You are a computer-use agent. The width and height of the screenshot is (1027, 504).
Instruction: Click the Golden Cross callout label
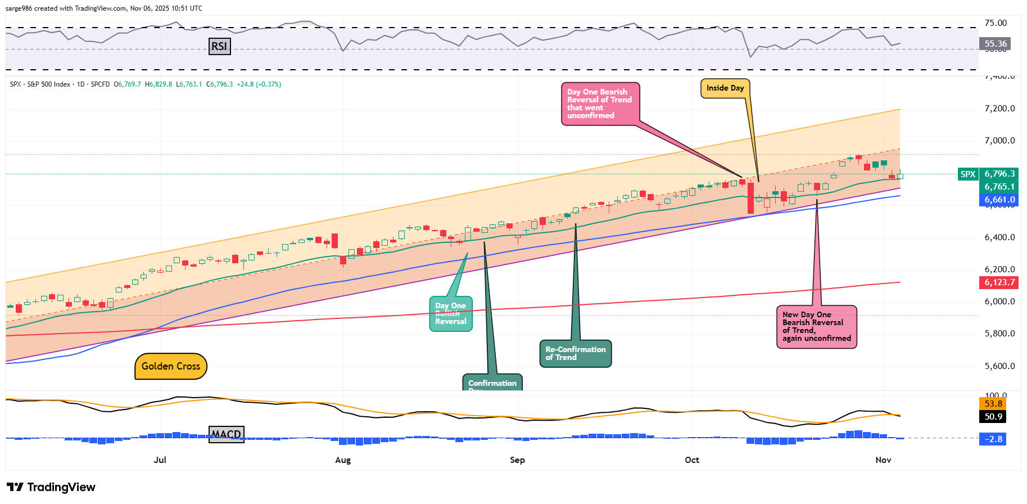pos(171,366)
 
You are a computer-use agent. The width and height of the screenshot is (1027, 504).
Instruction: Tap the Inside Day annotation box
pos(725,88)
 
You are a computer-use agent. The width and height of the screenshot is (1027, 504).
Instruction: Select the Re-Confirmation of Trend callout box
pos(576,354)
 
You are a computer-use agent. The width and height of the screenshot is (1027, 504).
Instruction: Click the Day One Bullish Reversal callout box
pos(451,314)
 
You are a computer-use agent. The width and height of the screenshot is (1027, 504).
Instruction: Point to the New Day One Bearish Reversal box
pos(816,327)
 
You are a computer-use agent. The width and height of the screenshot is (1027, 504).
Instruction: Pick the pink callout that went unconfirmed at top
pos(600,103)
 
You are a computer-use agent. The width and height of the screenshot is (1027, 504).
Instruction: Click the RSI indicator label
pos(219,46)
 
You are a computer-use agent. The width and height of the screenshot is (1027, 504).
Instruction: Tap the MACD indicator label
pos(227,434)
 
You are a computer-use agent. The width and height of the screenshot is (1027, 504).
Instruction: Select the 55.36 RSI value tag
pos(995,44)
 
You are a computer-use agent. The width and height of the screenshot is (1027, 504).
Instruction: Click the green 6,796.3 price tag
pos(999,174)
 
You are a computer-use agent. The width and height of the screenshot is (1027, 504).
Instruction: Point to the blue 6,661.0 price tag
pos(999,200)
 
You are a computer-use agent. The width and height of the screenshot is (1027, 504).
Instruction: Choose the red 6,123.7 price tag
pos(999,282)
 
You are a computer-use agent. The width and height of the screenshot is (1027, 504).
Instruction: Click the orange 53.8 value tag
pos(993,404)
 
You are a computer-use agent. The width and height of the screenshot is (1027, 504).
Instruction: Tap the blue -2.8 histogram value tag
pos(993,439)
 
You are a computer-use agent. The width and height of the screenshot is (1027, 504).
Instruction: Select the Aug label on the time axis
pos(343,460)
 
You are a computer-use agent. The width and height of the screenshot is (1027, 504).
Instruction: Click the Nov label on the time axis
pos(883,460)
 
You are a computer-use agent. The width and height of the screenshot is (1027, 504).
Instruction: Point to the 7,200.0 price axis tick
pos(999,109)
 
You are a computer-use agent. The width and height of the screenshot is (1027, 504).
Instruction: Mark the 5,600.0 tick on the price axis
pos(999,366)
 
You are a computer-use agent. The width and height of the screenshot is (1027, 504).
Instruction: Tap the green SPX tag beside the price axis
pos(968,174)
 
